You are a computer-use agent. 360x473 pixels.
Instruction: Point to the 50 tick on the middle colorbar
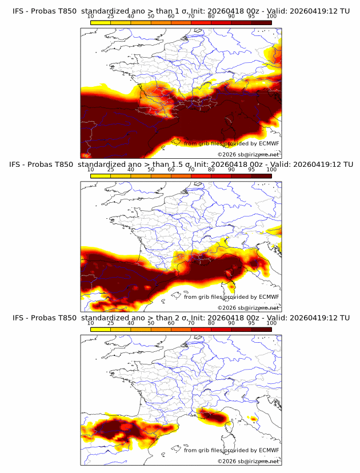pyautogui.click(x=151, y=169)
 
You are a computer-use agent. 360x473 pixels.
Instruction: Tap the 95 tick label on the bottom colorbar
pyautogui.click(x=251, y=323)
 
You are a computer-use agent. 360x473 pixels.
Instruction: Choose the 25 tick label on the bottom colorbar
pyautogui.click(x=111, y=323)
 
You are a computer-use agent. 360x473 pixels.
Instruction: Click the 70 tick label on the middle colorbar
pyautogui.click(x=191, y=169)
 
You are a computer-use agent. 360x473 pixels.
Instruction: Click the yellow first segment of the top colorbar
pyautogui.click(x=101, y=22)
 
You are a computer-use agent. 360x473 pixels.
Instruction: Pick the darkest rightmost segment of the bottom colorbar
pyautogui.click(x=261, y=330)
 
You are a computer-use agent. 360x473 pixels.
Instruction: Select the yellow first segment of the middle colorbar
pyautogui.click(x=101, y=176)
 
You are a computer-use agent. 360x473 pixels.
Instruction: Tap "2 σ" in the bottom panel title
pyautogui.click(x=183, y=318)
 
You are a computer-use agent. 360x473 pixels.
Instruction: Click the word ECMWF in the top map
pyautogui.click(x=268, y=143)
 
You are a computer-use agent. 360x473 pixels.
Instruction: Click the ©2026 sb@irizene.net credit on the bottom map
pyautogui.click(x=248, y=461)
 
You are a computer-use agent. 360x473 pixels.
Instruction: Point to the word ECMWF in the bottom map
pyautogui.click(x=268, y=450)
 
